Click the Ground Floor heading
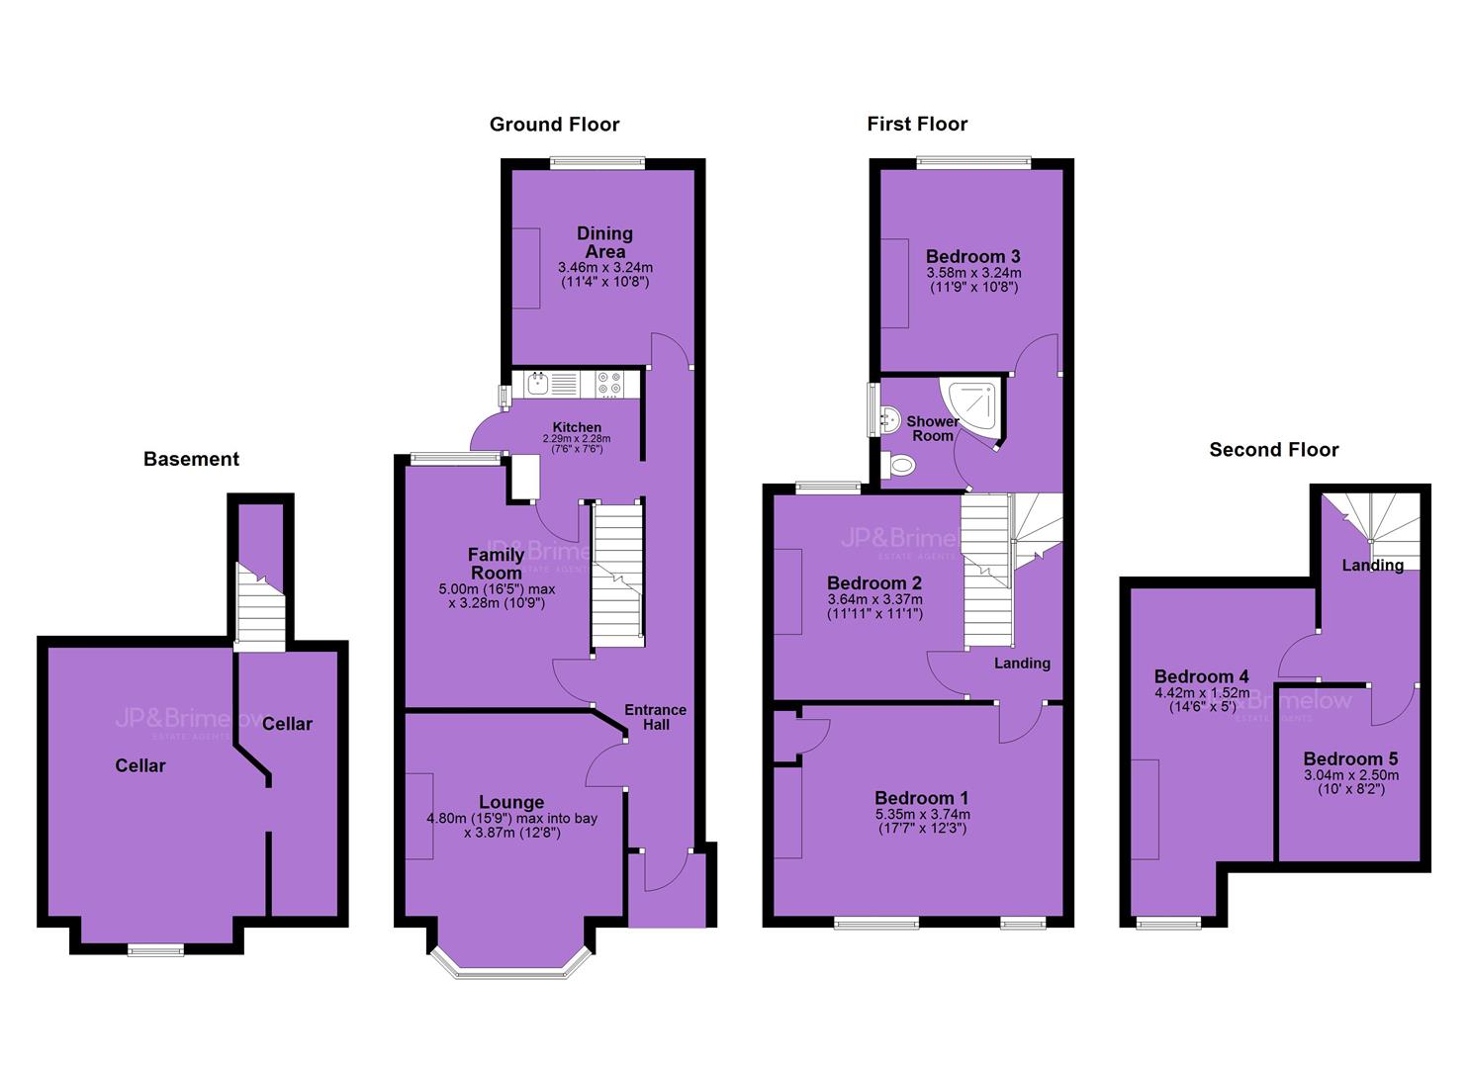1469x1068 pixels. point(554,125)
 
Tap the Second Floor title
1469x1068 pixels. point(1273,450)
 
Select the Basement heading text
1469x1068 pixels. point(191,459)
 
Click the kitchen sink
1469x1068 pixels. point(538,384)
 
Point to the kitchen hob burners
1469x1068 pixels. point(609,384)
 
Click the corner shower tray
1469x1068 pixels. point(971,407)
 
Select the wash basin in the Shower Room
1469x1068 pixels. point(889,418)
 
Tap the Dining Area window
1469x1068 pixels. point(597,163)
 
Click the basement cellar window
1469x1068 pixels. point(155,950)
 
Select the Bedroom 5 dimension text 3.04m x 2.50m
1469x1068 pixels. point(1351,775)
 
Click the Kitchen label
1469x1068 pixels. point(577,427)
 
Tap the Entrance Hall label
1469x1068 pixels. point(655,717)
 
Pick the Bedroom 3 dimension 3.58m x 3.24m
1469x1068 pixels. point(973,273)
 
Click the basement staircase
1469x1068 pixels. point(260,606)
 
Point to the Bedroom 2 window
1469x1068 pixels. point(828,487)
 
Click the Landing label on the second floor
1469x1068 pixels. point(1373,565)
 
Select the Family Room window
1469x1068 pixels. point(456,459)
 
